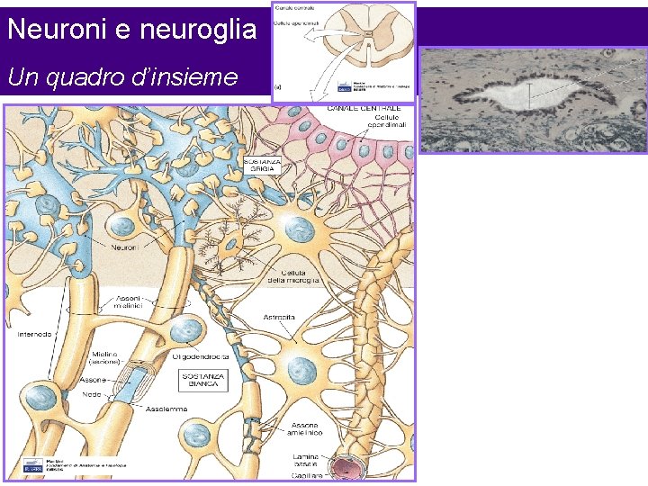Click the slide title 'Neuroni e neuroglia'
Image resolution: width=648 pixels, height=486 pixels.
point(131,30)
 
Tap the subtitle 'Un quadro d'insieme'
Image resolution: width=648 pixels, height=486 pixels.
point(122,77)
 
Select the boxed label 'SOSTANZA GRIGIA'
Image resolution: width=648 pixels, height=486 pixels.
point(263,165)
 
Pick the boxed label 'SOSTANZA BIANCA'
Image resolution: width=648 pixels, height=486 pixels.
point(203,382)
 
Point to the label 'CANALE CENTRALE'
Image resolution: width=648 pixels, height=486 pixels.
point(364,109)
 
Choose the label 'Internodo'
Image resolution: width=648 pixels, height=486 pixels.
point(35,334)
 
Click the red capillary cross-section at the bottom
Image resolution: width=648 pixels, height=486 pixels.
point(346,468)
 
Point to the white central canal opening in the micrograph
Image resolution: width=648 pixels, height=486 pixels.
point(529,93)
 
